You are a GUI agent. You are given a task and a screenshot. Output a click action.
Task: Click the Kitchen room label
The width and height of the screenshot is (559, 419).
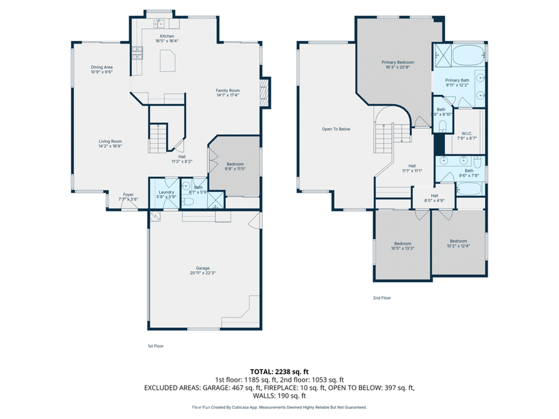(167, 36)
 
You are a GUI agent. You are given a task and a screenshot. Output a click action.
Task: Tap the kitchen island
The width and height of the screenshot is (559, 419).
(168, 61)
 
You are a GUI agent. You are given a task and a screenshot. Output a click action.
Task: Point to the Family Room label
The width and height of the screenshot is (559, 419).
(228, 91)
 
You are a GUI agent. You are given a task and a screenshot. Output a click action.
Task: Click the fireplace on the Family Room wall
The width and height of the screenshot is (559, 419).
(266, 91)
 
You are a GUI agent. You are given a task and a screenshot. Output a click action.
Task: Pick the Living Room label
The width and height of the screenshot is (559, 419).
(110, 141)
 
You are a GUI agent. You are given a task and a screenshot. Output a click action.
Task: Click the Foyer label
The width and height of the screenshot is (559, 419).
(128, 194)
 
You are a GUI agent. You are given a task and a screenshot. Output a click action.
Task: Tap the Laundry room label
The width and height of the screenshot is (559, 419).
(166, 192)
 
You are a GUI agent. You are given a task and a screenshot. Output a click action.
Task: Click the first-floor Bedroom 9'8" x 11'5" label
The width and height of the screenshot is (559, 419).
(234, 164)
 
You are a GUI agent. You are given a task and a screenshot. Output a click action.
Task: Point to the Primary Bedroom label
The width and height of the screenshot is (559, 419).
(398, 62)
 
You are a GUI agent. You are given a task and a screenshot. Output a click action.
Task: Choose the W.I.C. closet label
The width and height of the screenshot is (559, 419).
(468, 133)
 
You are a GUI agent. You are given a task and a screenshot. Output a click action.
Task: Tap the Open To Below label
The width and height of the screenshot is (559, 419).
(335, 129)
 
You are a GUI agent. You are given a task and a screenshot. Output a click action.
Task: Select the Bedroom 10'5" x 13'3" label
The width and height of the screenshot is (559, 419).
(403, 243)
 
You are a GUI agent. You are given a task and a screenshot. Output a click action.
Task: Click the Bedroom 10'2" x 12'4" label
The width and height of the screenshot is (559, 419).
(458, 241)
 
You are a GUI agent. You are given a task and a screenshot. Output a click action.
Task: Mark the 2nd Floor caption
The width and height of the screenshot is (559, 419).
(382, 298)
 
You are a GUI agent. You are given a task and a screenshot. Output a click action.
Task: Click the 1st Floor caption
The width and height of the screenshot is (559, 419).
(155, 346)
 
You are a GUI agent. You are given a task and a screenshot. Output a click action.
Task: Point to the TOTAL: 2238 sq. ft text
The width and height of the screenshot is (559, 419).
(279, 371)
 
